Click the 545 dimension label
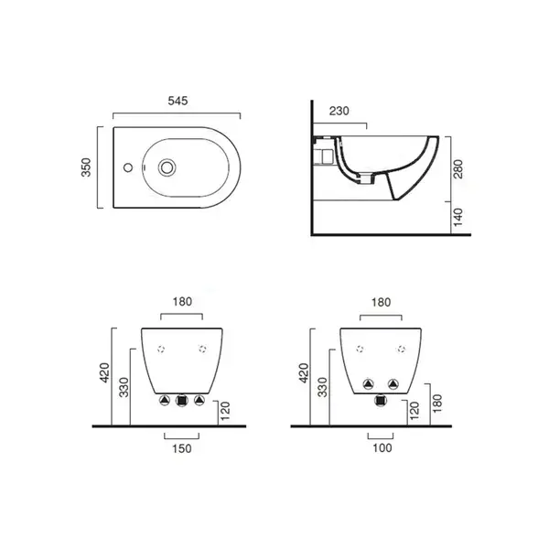click(178, 101)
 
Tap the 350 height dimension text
click(86, 167)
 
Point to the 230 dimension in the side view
click(339, 111)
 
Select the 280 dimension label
click(458, 168)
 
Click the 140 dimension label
click(458, 217)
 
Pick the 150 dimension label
click(182, 448)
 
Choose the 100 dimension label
click(382, 447)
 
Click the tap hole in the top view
click(128, 167)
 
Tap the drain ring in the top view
click(167, 167)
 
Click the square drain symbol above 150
click(182, 400)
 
